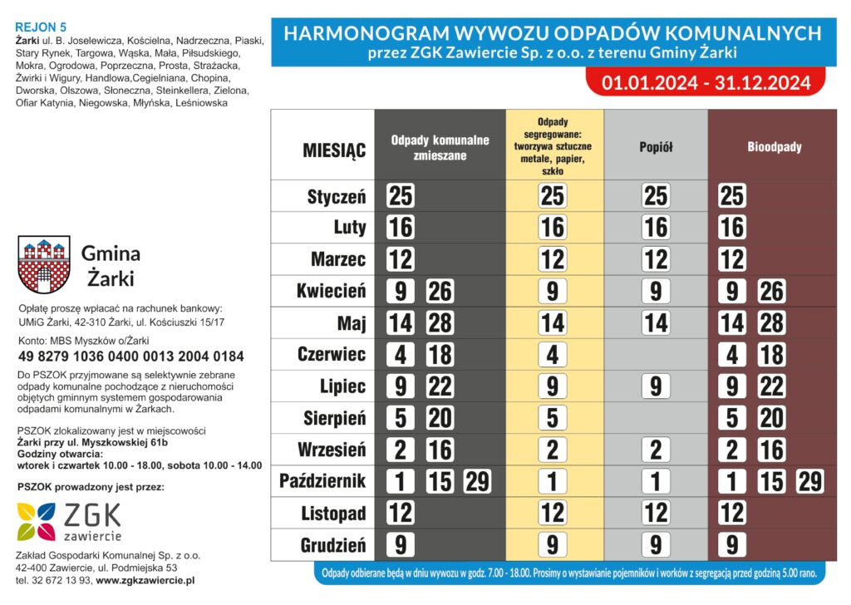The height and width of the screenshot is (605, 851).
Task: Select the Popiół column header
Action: [x=656, y=147]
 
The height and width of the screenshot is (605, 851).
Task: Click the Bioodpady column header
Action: [x=774, y=147]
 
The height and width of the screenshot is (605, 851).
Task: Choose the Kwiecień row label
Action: [x=332, y=292]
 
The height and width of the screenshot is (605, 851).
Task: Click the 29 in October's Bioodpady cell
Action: [x=810, y=482]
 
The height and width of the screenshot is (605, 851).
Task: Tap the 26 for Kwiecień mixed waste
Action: [x=440, y=292]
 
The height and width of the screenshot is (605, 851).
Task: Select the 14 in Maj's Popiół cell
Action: [x=656, y=323]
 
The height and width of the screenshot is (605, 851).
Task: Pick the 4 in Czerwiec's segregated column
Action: [x=552, y=355]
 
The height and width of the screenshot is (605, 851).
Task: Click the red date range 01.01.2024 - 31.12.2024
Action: [x=706, y=83]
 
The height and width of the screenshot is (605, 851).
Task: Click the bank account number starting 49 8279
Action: [x=130, y=357]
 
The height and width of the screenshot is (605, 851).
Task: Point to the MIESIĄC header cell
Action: [x=334, y=150]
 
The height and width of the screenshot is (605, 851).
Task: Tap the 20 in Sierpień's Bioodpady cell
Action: [x=771, y=419]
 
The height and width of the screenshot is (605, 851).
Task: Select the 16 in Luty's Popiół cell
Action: [x=656, y=228]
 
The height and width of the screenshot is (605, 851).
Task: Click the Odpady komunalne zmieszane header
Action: [x=440, y=147]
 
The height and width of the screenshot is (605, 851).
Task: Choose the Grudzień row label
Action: [x=332, y=545]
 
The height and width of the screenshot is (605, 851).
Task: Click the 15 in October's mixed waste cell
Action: [x=440, y=482]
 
